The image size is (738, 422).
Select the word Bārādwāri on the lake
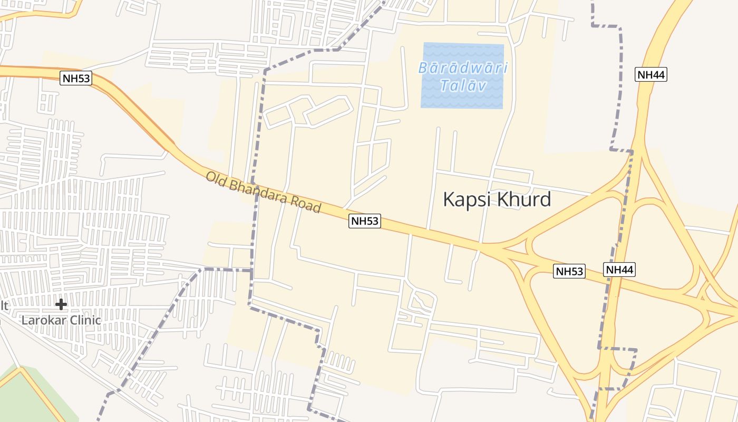[x=463, y=68]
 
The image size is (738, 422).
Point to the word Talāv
[x=462, y=85]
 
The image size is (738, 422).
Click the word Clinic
[x=82, y=320]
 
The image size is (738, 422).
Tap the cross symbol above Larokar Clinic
[x=61, y=304]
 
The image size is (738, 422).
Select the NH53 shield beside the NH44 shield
[x=569, y=271]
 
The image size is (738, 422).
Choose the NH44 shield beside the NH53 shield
[x=619, y=270]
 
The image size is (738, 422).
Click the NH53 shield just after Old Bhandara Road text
[x=365, y=221]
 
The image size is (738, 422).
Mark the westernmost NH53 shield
[x=76, y=79]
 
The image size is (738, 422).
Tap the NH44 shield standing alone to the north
[x=651, y=74]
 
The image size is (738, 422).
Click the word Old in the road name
[x=215, y=179]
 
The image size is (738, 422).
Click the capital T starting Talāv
[x=443, y=85]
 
